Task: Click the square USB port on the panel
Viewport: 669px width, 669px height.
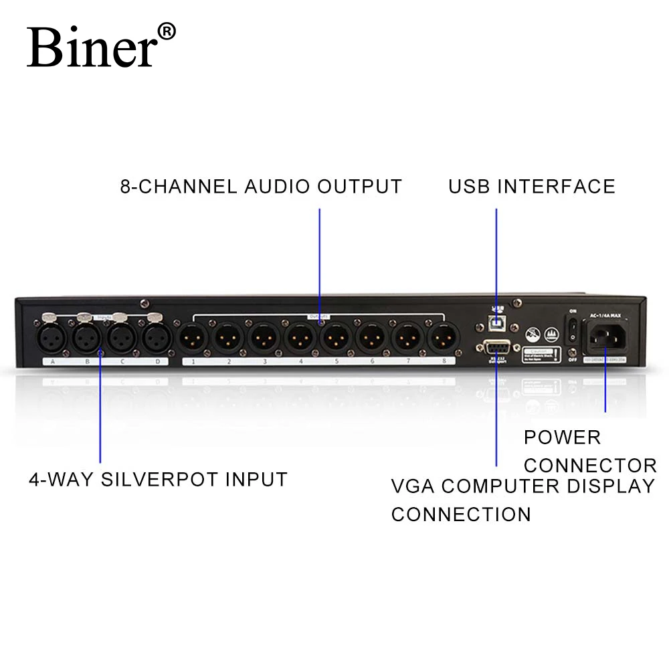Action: [496, 322]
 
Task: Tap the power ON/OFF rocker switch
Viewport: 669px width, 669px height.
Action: [572, 328]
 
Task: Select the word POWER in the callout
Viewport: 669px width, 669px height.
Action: [562, 438]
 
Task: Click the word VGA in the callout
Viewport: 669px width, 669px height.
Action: [413, 486]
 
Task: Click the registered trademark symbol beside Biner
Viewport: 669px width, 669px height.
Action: [167, 31]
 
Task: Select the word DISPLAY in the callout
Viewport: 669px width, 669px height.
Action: [610, 486]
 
